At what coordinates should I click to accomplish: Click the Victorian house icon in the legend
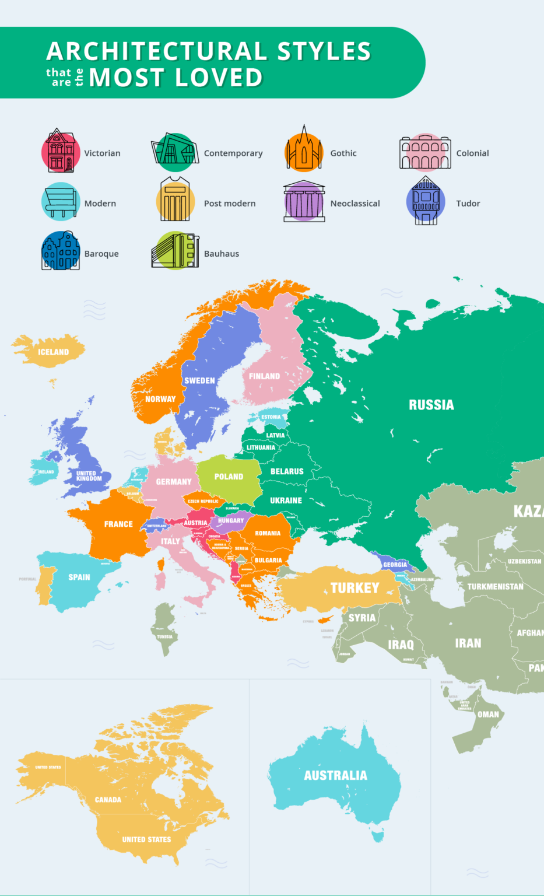[x=61, y=151]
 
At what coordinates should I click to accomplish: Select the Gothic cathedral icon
[x=304, y=151]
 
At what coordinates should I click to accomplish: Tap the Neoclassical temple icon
[x=304, y=202]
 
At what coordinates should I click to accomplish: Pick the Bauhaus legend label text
[x=222, y=254]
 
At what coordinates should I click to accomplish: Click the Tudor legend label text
[x=468, y=204]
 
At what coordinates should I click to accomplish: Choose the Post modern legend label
[x=230, y=204]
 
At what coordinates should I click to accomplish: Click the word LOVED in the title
[x=219, y=78]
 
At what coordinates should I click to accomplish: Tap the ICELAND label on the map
[x=53, y=352]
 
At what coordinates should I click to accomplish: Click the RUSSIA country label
[x=431, y=405]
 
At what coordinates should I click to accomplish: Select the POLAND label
[x=229, y=477]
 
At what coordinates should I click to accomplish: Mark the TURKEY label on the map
[x=355, y=588]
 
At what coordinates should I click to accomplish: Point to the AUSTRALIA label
[x=335, y=775]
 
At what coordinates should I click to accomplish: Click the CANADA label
[x=108, y=800]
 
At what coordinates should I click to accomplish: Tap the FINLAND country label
[x=264, y=376]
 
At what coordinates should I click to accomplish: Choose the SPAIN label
[x=79, y=577]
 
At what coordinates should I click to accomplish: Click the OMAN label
[x=488, y=715]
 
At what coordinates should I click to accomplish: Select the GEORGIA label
[x=395, y=565]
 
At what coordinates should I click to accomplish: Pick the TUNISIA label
[x=164, y=636]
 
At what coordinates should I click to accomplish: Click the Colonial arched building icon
[x=425, y=152]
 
